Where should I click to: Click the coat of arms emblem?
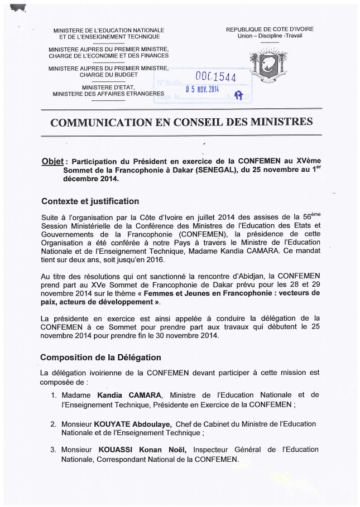tap(268, 66)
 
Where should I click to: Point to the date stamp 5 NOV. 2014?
tap(203, 90)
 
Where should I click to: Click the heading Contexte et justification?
tap(90, 200)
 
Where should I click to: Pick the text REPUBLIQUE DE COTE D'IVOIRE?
tap(270, 29)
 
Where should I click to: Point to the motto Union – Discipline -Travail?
tap(270, 36)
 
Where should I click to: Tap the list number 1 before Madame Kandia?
tap(54, 395)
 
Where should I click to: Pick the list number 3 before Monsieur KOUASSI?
tap(54, 450)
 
